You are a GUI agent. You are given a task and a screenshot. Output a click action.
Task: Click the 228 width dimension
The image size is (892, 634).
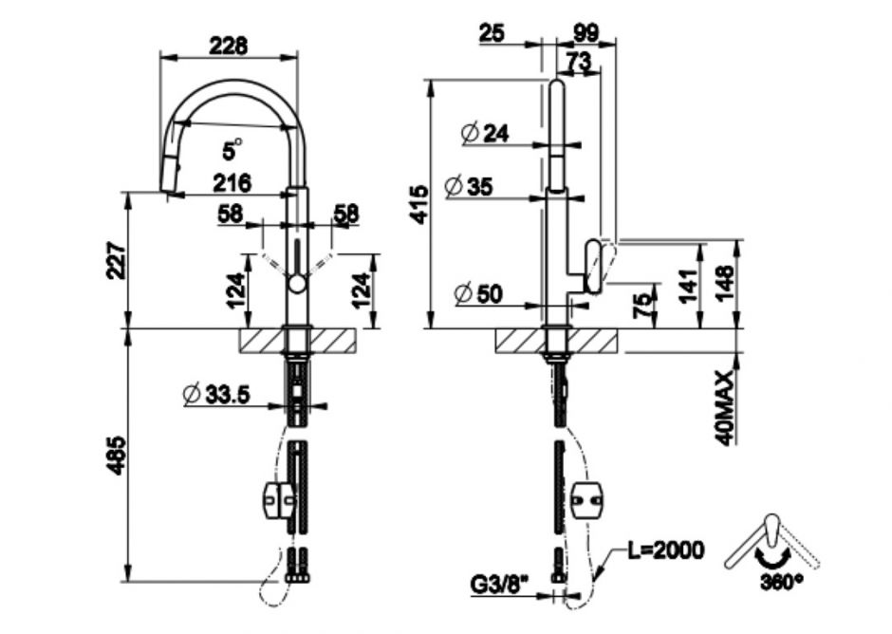tap(229, 45)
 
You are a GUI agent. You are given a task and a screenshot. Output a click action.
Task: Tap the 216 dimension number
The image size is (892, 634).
tap(231, 180)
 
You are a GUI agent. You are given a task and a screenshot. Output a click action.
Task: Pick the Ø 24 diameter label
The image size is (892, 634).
tap(485, 134)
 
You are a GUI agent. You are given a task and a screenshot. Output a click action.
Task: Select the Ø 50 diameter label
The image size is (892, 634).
tap(478, 294)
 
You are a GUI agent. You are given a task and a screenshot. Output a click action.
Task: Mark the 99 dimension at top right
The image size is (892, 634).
tap(586, 32)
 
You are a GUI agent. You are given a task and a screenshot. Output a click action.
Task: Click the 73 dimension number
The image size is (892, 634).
tap(577, 62)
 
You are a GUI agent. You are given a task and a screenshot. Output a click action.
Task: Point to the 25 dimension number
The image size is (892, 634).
tap(492, 32)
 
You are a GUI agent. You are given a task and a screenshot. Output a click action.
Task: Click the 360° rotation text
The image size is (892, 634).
tap(780, 579)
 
